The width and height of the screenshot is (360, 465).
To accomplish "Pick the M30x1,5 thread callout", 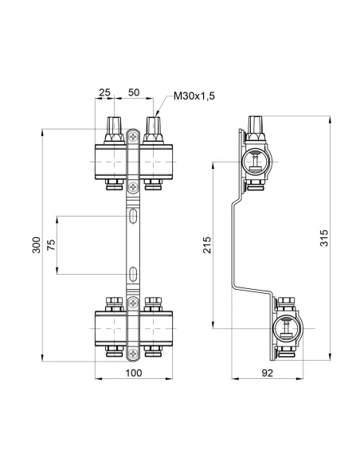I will (194, 97).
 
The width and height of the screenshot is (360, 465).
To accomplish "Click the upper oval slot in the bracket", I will (132, 216).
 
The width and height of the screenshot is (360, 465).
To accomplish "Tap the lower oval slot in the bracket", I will (132, 275).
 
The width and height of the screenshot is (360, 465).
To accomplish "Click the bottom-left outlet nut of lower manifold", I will (111, 352).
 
